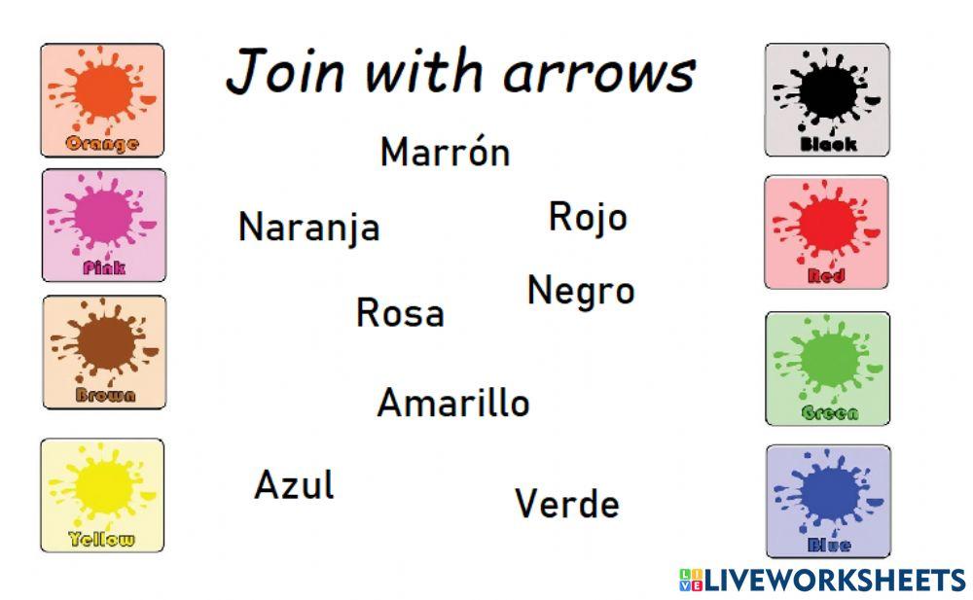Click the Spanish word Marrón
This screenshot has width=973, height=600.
(x=445, y=153)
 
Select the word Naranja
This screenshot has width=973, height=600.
(x=308, y=228)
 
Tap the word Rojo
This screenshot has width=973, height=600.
(x=588, y=217)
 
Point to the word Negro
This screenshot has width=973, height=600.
(x=581, y=291)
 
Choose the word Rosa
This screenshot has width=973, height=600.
(x=400, y=313)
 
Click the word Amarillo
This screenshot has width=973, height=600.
(x=453, y=403)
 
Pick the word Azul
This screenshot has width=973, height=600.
(x=294, y=484)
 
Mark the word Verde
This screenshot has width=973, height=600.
(x=566, y=504)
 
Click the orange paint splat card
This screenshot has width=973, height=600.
(x=102, y=99)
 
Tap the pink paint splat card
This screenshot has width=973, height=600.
(x=103, y=225)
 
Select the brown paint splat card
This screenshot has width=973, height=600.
(x=103, y=351)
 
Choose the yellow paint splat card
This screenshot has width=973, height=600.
(x=102, y=494)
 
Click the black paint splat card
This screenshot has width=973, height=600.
(x=826, y=99)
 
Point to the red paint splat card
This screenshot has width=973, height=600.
(x=826, y=231)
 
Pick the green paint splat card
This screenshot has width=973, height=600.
(x=827, y=368)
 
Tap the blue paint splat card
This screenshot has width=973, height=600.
(x=827, y=500)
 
